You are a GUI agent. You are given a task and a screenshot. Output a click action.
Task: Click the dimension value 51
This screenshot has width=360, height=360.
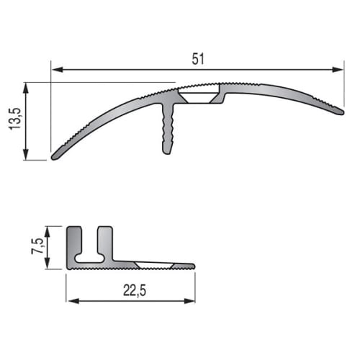(x=198, y=59)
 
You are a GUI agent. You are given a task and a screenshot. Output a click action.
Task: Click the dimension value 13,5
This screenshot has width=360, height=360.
(x=15, y=119)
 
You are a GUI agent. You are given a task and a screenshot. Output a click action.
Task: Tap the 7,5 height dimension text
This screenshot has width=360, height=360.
(x=37, y=246)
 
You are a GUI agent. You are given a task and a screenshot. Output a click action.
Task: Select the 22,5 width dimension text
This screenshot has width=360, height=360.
(x=135, y=290)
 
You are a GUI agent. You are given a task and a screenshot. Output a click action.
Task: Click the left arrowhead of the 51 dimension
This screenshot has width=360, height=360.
(x=58, y=70)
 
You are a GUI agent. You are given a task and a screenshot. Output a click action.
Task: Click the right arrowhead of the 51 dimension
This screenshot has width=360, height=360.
(x=338, y=70)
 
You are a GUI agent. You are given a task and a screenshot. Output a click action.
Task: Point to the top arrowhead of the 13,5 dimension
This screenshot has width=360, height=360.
(x=26, y=88)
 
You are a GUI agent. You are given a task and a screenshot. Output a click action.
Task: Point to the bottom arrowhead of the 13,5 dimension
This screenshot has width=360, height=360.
(x=26, y=154)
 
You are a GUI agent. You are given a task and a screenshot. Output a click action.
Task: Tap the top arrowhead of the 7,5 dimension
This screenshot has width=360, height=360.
(x=48, y=232)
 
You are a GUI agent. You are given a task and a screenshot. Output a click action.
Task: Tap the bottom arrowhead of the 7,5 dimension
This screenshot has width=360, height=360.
(x=48, y=264)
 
